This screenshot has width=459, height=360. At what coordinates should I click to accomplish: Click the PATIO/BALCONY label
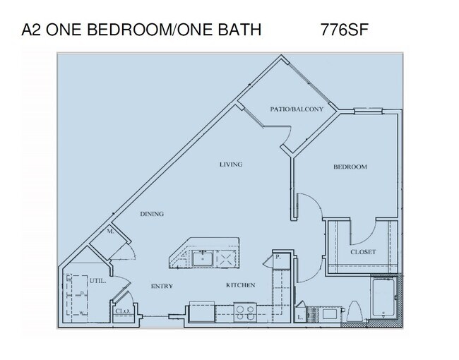(297, 109)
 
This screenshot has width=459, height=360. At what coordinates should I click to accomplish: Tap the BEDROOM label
(350, 167)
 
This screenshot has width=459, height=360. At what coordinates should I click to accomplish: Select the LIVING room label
(230, 164)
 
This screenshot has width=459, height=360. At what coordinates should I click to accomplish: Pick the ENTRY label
(162, 285)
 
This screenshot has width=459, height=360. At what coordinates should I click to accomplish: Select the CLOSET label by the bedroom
(363, 252)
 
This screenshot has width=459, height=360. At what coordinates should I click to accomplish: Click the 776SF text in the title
(342, 30)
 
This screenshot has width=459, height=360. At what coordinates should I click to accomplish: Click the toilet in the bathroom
(355, 310)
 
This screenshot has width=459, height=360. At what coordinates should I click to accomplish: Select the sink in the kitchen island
(203, 258)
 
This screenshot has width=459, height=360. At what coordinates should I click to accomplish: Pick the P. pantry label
(278, 256)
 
